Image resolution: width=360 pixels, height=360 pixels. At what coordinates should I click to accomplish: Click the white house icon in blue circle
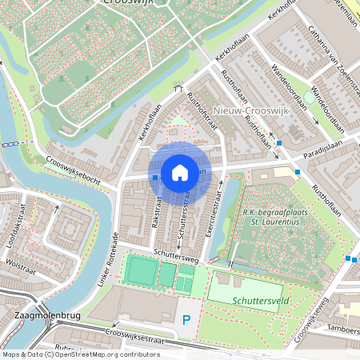click(x=180, y=172)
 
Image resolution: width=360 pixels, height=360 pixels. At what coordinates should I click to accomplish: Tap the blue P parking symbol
click(x=186, y=321)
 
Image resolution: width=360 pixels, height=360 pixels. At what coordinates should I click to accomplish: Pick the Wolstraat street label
click(x=21, y=262)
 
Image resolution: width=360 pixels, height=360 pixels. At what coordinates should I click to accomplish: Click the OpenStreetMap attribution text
click(x=81, y=354)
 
